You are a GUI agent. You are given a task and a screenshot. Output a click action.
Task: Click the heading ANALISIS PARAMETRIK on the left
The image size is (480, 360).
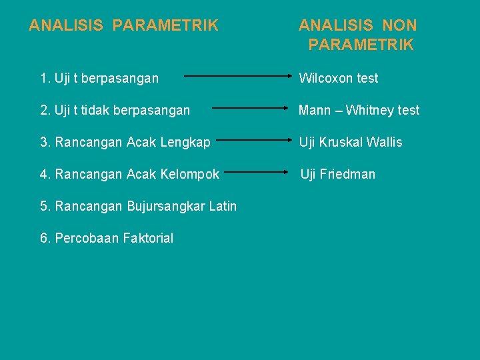tap(123, 25)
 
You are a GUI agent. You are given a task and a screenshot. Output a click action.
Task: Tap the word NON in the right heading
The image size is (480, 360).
tap(399, 25)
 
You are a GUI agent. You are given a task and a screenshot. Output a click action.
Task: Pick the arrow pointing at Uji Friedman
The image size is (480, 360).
tap(257, 173)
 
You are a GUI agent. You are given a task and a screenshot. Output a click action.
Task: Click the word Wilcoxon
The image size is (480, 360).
tap(325, 78)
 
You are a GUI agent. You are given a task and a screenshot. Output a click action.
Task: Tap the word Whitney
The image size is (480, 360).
tap(369, 110)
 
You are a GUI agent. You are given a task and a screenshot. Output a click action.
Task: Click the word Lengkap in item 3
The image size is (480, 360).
tap(186, 142)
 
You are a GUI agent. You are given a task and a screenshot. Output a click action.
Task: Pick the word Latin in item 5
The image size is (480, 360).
tap(222, 206)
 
